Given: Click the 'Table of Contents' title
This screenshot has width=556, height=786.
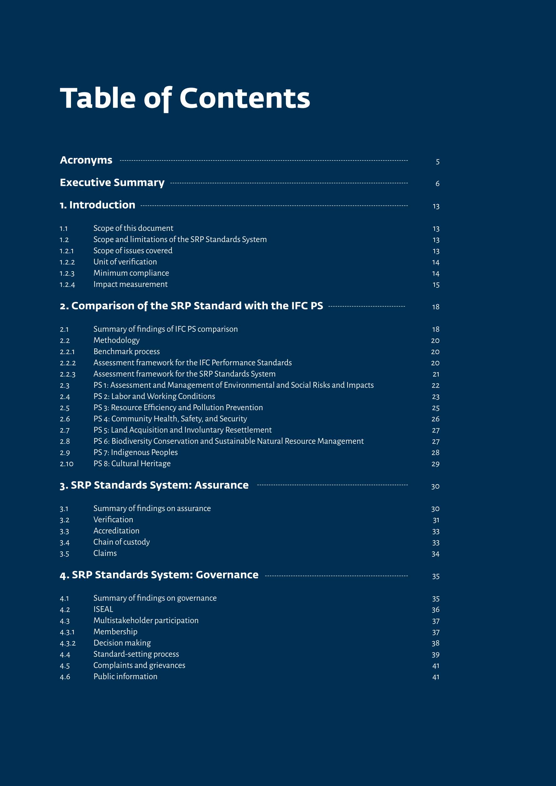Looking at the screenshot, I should [185, 98].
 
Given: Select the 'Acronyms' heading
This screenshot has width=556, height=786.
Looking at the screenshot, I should [86, 160].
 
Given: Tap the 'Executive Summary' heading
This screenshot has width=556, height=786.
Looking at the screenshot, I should [112, 182].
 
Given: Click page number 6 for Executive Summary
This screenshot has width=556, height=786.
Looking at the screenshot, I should [437, 184].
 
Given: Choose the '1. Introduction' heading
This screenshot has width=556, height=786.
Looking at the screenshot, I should [98, 205].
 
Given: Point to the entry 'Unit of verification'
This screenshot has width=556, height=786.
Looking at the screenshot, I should [125, 262].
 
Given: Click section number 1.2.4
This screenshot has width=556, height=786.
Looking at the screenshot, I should [67, 285].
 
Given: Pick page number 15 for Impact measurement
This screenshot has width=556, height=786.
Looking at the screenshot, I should [436, 285].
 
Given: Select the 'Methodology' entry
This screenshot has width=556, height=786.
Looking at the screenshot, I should [116, 340].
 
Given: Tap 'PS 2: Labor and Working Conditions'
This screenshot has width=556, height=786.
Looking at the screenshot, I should [154, 396].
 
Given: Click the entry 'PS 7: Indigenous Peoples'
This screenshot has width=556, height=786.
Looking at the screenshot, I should [135, 453].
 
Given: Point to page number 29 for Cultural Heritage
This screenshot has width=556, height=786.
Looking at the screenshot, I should [435, 464].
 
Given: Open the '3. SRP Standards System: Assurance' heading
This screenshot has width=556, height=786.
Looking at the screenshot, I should [154, 485].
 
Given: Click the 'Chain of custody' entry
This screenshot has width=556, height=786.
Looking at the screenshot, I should [121, 542].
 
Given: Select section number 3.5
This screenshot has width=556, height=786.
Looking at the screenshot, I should [64, 554].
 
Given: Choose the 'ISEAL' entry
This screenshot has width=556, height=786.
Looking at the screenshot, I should [103, 609].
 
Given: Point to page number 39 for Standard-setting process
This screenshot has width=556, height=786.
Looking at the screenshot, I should [436, 655].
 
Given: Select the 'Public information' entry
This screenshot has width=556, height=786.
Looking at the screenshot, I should [125, 677].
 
